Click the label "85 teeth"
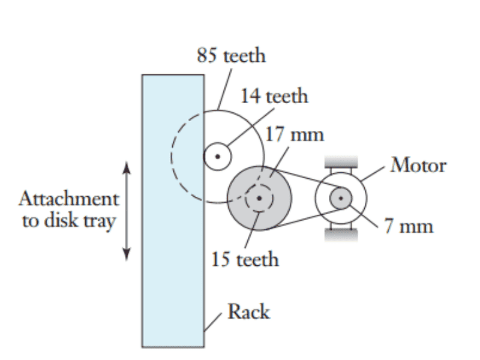[231, 56]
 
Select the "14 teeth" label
[274, 95]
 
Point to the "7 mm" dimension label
[409, 226]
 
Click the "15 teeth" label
[245, 259]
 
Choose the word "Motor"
[418, 165]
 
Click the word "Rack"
[248, 312]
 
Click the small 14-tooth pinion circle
[217, 157]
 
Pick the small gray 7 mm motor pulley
[341, 197]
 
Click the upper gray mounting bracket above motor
[341, 160]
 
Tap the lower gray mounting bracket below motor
[341, 235]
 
